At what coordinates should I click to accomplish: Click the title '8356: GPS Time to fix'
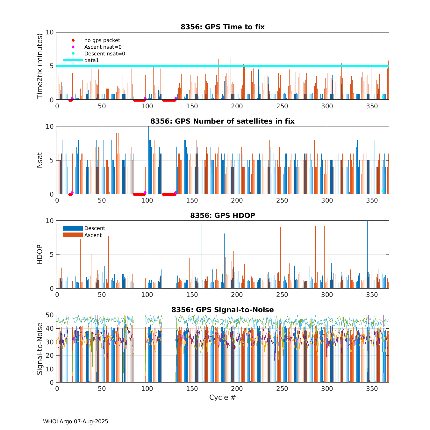click(x=222, y=27)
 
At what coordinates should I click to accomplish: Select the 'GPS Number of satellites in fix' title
click(x=222, y=121)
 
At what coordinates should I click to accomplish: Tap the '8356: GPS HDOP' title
click(x=222, y=215)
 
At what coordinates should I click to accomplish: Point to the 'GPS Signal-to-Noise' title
click(x=222, y=310)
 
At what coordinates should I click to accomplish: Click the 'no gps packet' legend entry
click(x=102, y=40)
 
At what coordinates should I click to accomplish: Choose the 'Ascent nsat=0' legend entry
click(x=103, y=47)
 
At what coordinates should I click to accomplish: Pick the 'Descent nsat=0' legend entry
click(x=104, y=54)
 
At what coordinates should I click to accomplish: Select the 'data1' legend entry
click(x=91, y=60)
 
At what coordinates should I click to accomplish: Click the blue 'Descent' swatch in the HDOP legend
click(x=73, y=228)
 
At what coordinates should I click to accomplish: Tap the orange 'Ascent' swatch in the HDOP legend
click(x=73, y=235)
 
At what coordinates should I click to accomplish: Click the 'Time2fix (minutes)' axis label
click(x=39, y=66)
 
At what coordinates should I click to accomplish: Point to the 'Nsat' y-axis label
click(x=39, y=160)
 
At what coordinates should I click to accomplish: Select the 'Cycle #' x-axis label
click(x=222, y=397)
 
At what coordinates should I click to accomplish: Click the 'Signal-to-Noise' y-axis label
click(x=39, y=349)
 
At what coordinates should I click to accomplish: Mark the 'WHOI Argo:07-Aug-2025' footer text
click(x=75, y=421)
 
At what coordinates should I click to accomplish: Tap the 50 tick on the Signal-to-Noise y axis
click(x=49, y=315)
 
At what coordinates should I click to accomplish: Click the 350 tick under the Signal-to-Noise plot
click(x=372, y=389)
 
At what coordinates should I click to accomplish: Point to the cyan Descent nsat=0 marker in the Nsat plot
click(x=383, y=191)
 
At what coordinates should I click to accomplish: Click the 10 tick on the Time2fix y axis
click(x=49, y=32)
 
